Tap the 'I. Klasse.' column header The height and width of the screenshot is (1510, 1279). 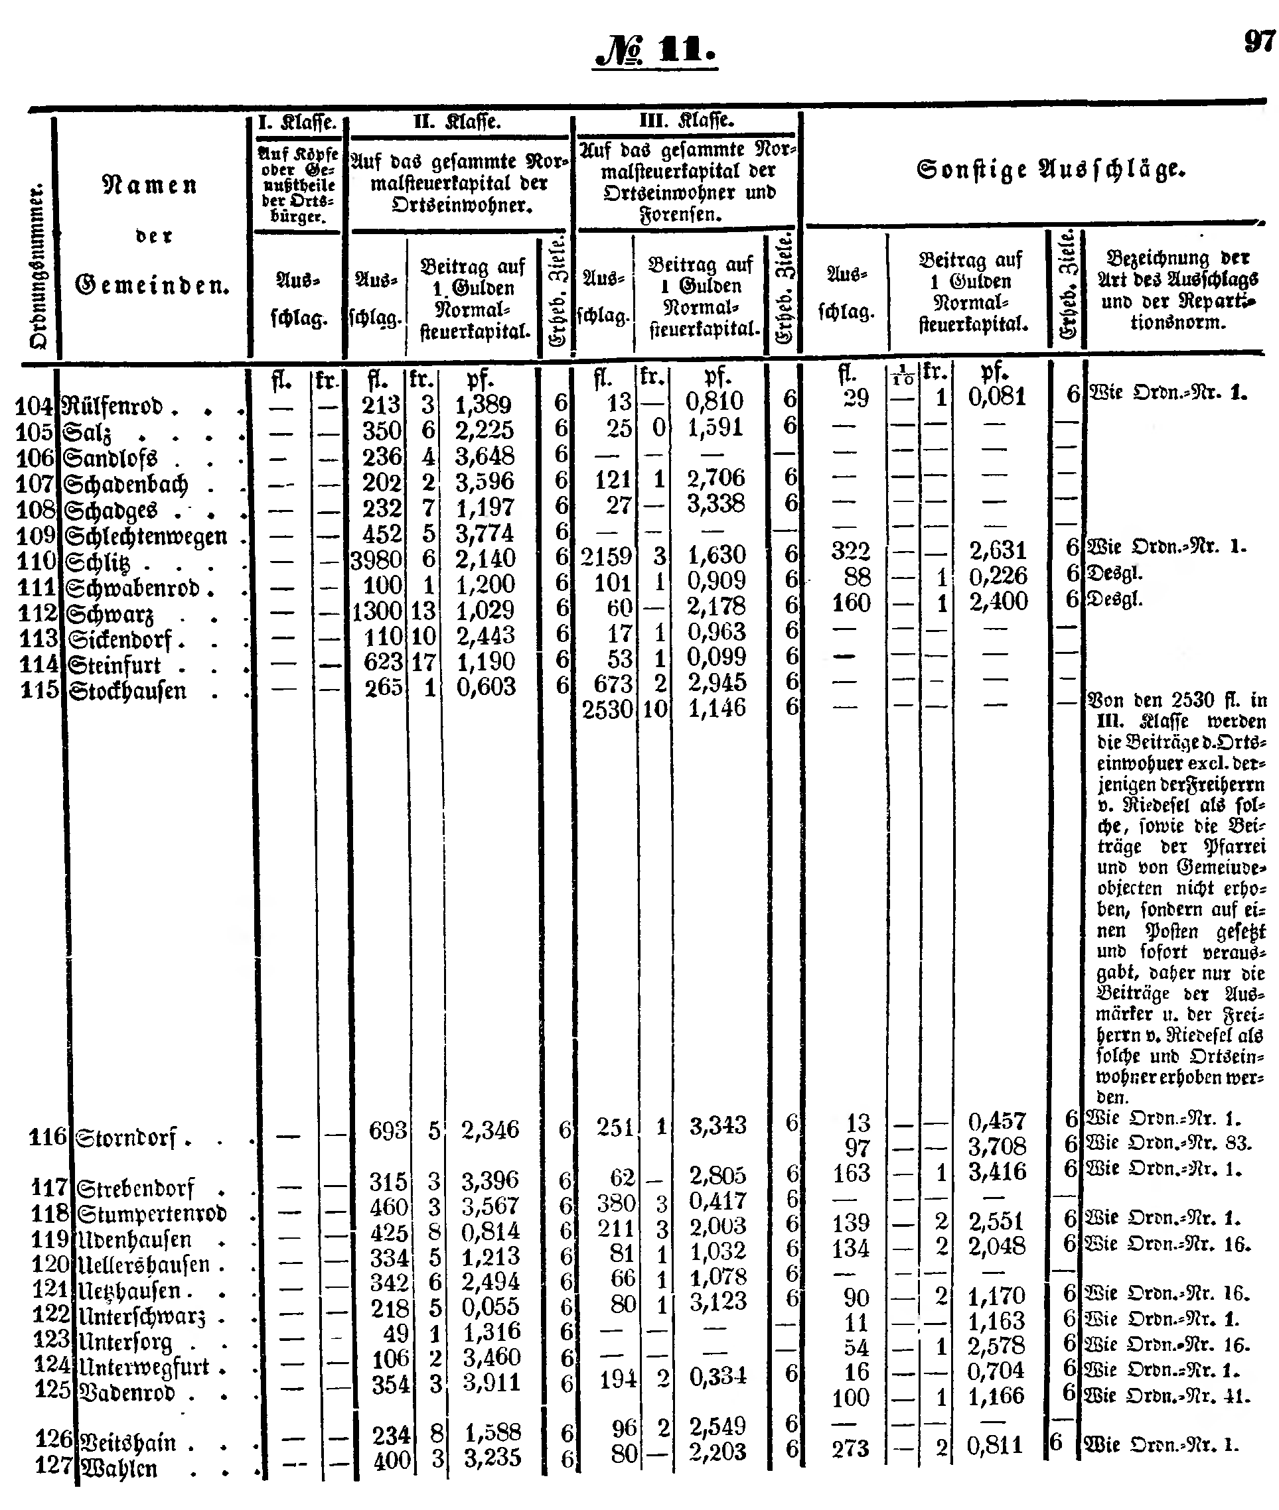point(297,123)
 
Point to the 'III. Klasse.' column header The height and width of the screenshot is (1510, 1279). point(686,120)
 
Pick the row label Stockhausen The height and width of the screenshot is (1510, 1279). point(127,690)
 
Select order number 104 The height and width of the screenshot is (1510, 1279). point(35,406)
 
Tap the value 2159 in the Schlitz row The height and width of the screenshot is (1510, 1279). point(606,556)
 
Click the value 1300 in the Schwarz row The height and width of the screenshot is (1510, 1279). point(377,611)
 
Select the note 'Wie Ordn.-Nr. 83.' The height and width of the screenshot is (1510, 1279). point(1168,1143)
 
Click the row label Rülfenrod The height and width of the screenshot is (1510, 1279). point(112,406)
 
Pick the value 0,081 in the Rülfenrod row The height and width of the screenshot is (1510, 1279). point(997,396)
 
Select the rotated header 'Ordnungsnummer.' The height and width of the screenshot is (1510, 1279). point(38,268)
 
